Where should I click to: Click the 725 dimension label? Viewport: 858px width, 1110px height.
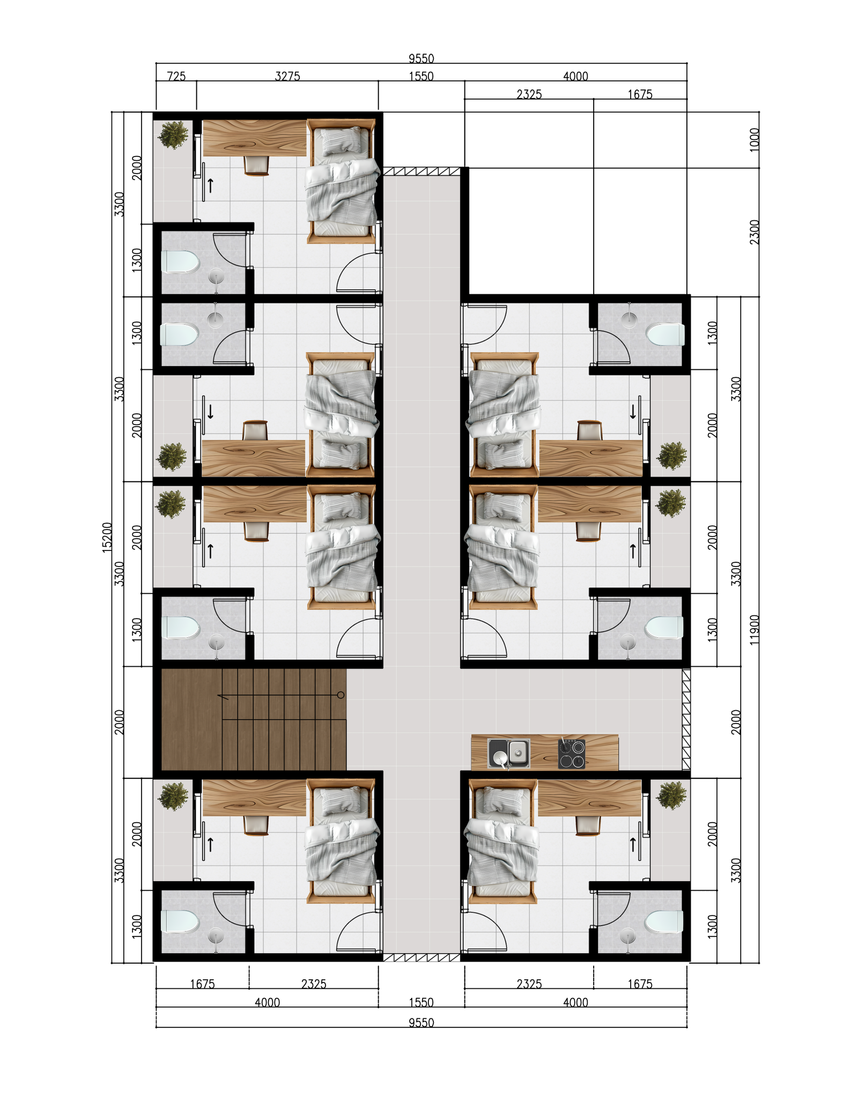(x=176, y=76)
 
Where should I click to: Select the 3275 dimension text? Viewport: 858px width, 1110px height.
(x=287, y=76)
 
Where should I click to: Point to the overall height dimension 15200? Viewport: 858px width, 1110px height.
(x=107, y=537)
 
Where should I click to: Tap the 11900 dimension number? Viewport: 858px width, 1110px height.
(x=754, y=629)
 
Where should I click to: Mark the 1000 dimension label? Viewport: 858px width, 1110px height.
(x=754, y=140)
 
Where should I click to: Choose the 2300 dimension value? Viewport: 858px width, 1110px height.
(x=754, y=232)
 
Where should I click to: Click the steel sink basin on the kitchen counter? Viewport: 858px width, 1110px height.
(x=517, y=751)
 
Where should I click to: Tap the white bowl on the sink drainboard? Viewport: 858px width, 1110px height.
(x=500, y=757)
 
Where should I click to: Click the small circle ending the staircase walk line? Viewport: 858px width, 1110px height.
(x=341, y=695)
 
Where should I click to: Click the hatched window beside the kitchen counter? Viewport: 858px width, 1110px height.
(x=686, y=719)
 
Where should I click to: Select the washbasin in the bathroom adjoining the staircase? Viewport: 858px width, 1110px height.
(x=216, y=641)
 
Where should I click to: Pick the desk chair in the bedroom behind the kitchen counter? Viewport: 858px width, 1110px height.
(x=588, y=825)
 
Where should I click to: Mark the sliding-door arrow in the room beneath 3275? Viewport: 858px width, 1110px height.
(x=211, y=185)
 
